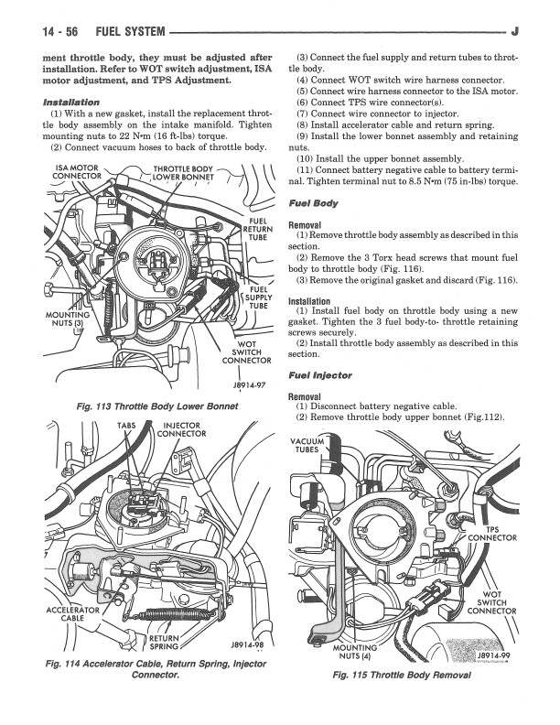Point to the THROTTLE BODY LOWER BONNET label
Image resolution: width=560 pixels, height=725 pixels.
point(183,174)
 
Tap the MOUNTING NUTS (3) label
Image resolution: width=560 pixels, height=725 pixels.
point(63,319)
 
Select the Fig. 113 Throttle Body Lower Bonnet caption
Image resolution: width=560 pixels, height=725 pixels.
point(158,405)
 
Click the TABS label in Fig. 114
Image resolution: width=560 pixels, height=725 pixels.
point(126,426)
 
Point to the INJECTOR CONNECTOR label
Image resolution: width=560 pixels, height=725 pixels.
point(183,430)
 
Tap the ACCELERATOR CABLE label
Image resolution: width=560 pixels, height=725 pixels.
point(72,615)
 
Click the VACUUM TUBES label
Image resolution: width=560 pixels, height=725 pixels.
point(307,445)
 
